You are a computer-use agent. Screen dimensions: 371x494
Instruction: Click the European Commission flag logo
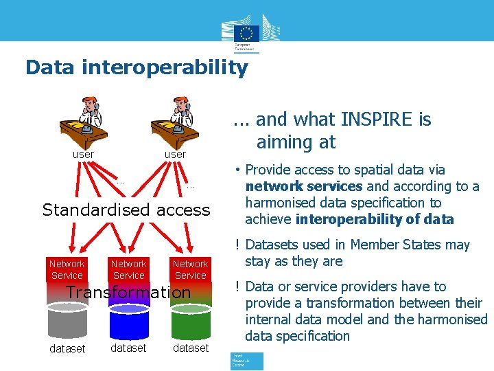[x=246, y=34]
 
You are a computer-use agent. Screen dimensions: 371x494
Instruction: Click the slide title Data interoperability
[x=136, y=67]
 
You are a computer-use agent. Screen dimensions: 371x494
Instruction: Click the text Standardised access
[x=126, y=210]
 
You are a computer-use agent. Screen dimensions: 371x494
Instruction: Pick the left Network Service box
[x=67, y=269]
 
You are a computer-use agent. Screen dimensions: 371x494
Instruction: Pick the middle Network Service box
[x=129, y=269]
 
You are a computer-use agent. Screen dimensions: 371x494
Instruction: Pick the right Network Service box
[x=190, y=269]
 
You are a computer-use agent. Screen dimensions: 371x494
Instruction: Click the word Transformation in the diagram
[x=128, y=293]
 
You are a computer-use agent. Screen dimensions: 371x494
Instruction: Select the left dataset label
[x=67, y=348]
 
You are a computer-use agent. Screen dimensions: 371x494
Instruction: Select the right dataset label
[x=191, y=348]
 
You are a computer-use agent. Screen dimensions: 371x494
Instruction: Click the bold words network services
[x=304, y=186]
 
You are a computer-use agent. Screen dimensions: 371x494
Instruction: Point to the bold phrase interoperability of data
[x=375, y=219]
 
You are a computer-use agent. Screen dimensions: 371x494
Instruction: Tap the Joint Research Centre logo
[x=246, y=361]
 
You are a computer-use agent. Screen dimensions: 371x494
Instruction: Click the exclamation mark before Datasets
[x=235, y=245]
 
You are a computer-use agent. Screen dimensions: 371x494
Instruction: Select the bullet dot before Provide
[x=235, y=170]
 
